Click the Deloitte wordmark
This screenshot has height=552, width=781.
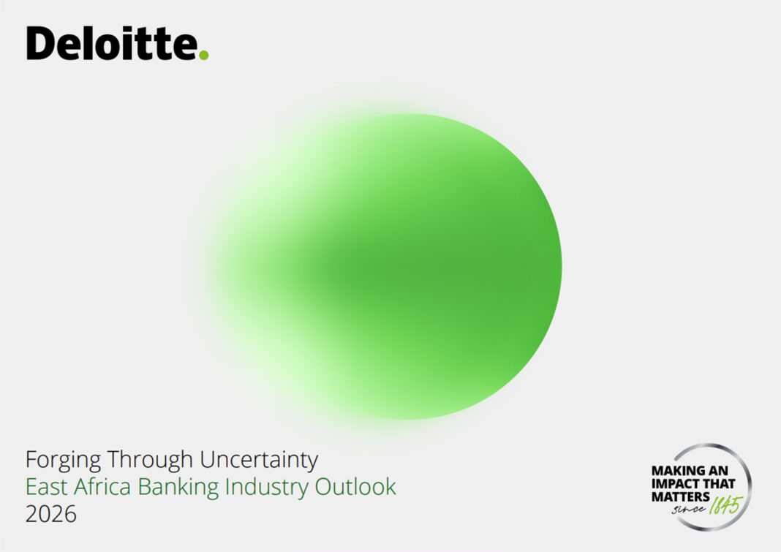pyautogui.click(x=117, y=43)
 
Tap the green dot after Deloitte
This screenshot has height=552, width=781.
pyautogui.click(x=204, y=54)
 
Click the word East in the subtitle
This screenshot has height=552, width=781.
pyautogui.click(x=46, y=487)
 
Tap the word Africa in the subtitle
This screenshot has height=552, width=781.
pyautogui.click(x=102, y=486)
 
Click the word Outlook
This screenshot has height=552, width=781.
pyautogui.click(x=355, y=486)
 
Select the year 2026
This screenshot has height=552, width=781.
pyautogui.click(x=50, y=514)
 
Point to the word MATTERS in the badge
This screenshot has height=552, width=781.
pyautogui.click(x=680, y=496)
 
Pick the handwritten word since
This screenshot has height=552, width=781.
pyautogui.click(x=689, y=509)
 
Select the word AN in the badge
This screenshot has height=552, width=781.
pyautogui.click(x=718, y=471)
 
